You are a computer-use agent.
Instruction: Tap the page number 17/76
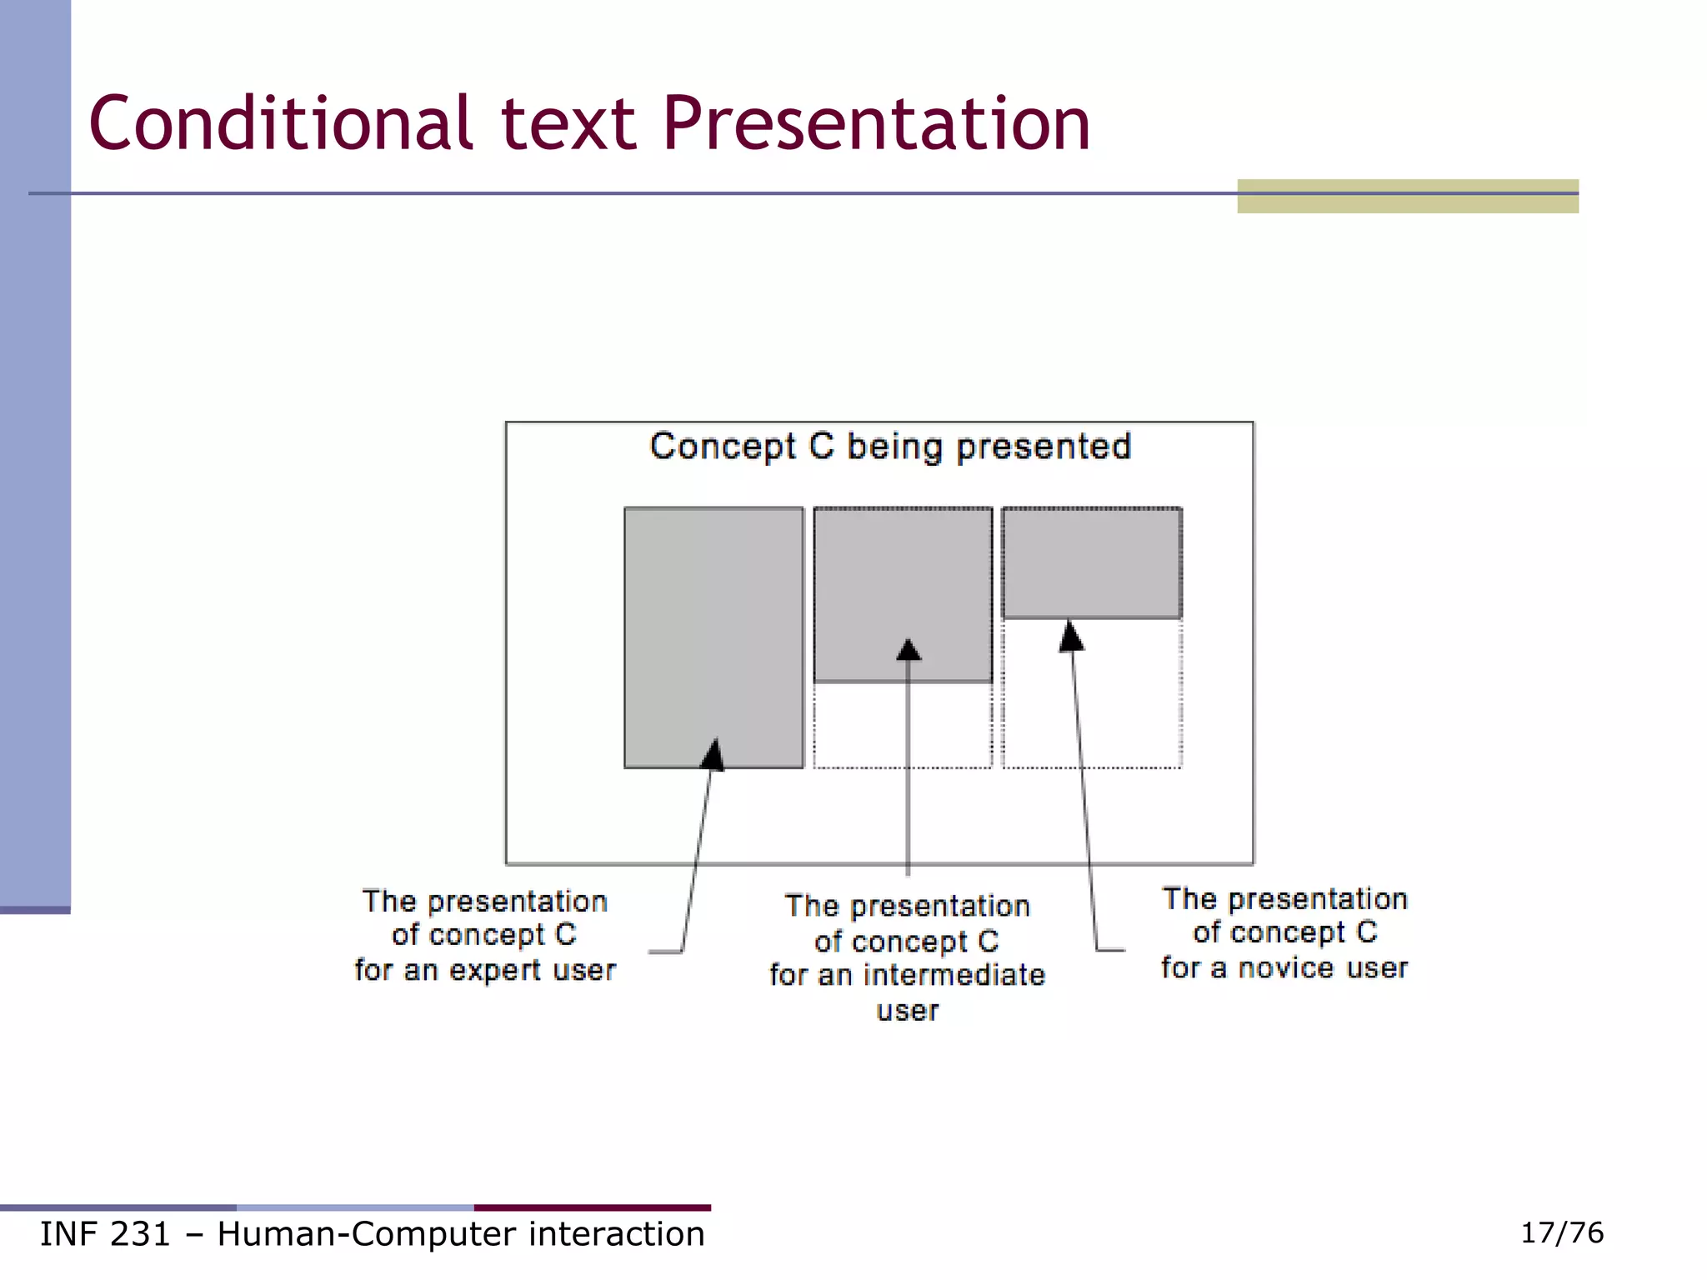point(1561,1232)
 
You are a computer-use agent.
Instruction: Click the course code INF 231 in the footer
point(105,1234)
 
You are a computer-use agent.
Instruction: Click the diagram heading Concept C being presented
point(890,447)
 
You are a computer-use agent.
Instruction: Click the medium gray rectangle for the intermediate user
point(903,583)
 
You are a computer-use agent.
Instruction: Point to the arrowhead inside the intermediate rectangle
point(909,650)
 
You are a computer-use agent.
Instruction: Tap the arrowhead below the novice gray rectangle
point(1071,637)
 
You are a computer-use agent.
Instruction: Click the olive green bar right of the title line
point(1407,197)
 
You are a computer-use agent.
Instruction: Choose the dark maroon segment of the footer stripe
point(592,1207)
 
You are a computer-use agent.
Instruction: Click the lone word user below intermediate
point(907,1011)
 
